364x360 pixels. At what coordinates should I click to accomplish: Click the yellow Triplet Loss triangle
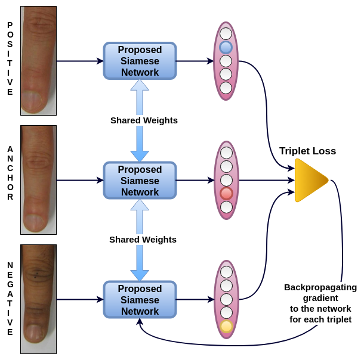coord(310,180)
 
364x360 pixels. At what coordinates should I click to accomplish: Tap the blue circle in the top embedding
coord(226,47)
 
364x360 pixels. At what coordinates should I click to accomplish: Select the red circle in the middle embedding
coord(226,193)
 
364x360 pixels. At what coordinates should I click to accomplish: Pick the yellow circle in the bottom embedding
coord(226,326)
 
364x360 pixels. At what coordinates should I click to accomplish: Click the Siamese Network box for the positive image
coord(140,61)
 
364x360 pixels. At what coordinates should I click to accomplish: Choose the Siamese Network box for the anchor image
coord(140,181)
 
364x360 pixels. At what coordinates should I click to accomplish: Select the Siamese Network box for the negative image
coord(140,299)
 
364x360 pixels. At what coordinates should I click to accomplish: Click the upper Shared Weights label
coord(144,120)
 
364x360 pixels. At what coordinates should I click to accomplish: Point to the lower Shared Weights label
coord(143,240)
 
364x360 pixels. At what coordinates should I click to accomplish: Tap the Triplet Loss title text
coord(307,151)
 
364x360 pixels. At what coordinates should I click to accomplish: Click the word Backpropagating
coord(320,287)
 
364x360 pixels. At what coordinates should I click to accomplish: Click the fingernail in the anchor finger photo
coord(34,222)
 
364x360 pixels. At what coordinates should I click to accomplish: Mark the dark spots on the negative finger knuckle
coord(36,275)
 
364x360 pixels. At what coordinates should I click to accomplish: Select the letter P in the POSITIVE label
coord(10,25)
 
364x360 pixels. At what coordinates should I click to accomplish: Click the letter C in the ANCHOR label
coord(10,168)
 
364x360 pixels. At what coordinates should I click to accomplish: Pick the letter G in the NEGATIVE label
coord(10,284)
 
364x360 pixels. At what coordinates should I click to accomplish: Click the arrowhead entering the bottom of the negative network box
coord(140,321)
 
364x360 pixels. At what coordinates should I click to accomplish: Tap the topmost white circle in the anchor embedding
coord(226,153)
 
